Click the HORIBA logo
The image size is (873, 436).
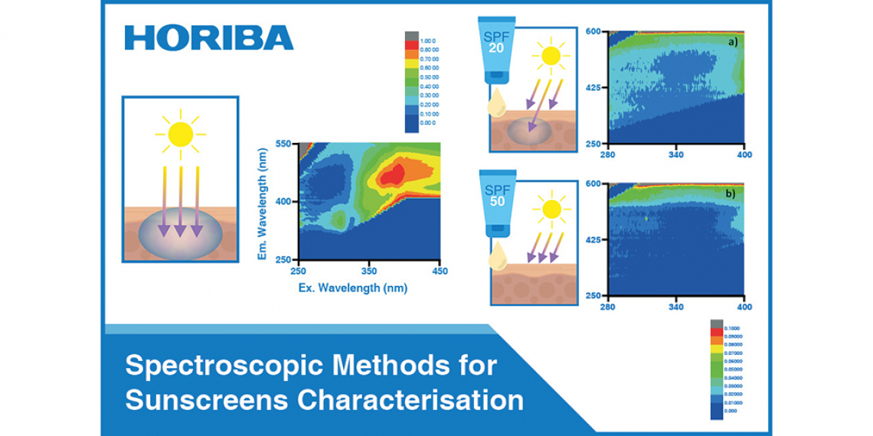[208, 37]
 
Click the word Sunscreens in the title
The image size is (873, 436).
[202, 399]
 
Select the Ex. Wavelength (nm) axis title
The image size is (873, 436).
[353, 288]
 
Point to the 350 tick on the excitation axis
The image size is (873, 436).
[368, 272]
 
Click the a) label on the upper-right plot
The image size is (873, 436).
[733, 42]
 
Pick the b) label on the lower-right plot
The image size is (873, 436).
[731, 194]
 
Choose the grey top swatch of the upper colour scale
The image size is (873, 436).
[412, 36]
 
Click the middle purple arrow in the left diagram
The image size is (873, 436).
[180, 203]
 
